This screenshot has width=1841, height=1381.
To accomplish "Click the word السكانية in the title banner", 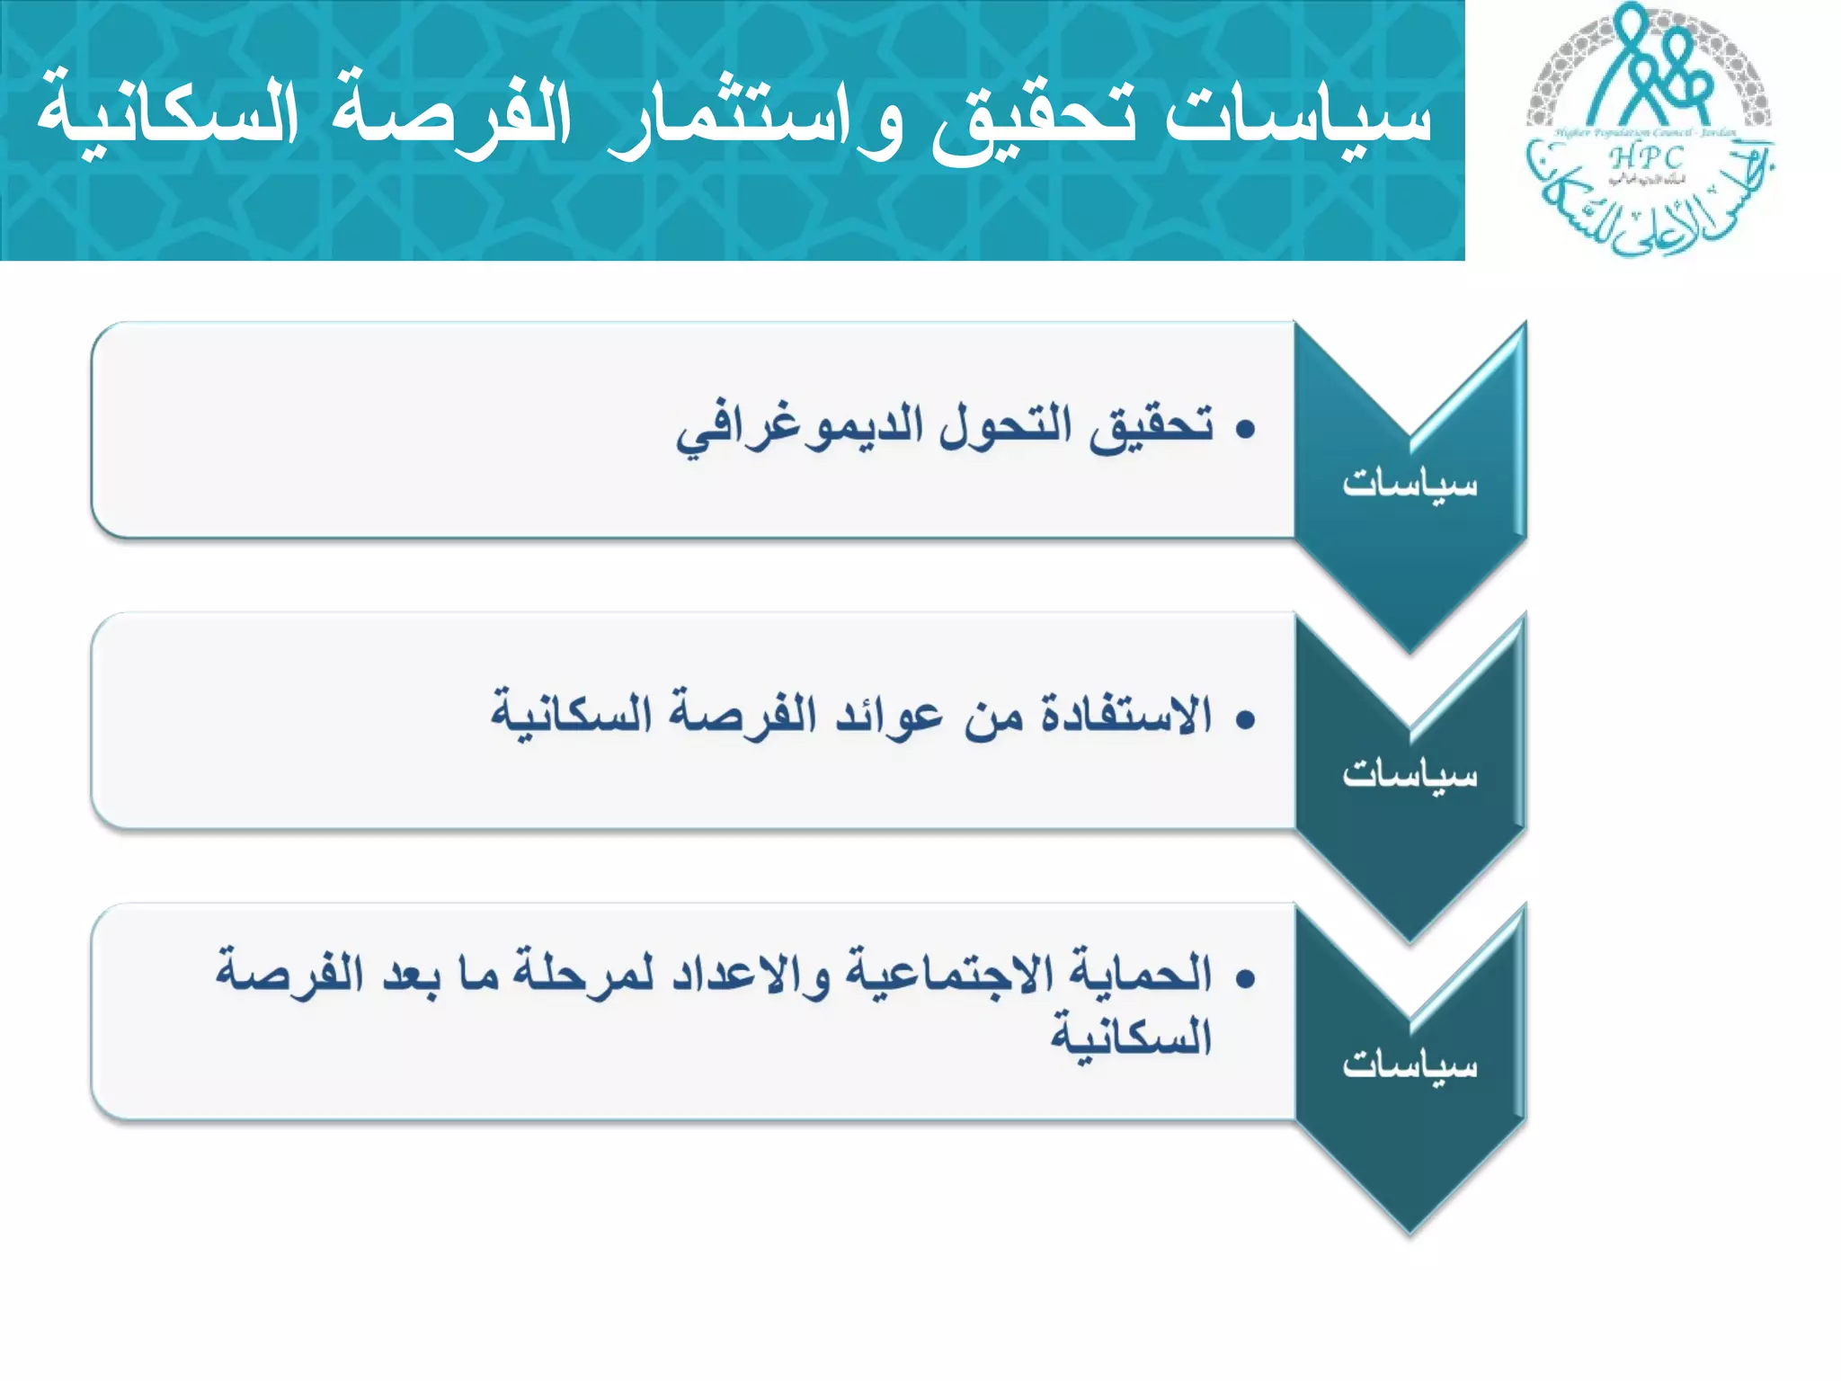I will pyautogui.click(x=167, y=117).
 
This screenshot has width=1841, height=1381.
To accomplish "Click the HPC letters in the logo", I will pyautogui.click(x=1646, y=157).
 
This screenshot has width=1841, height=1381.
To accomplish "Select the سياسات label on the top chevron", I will pyautogui.click(x=1410, y=484).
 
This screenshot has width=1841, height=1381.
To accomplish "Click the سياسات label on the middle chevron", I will pyautogui.click(x=1410, y=774).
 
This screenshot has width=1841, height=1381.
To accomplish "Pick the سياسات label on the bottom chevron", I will pyautogui.click(x=1410, y=1065).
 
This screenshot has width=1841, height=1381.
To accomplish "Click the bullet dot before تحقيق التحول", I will pyautogui.click(x=1245, y=430).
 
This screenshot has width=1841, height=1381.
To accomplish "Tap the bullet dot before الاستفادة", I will pyautogui.click(x=1245, y=720).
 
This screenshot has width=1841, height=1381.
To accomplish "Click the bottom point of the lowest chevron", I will pyautogui.click(x=1410, y=1232).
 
